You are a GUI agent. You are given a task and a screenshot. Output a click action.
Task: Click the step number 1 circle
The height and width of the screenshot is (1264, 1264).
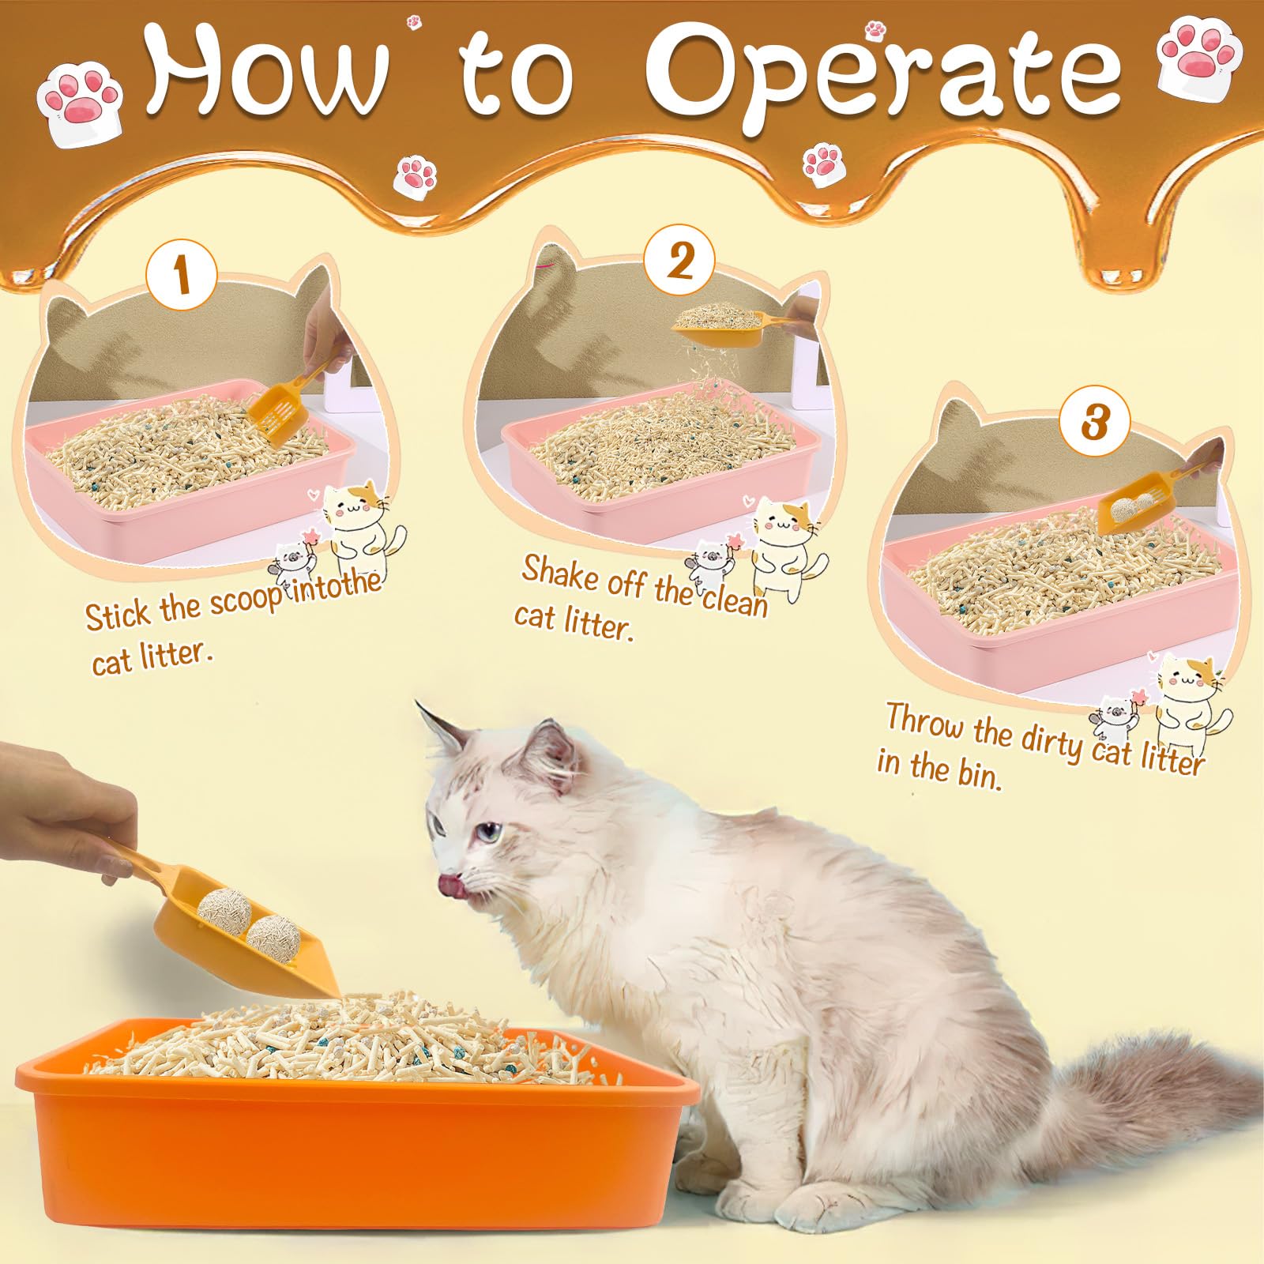[182, 276]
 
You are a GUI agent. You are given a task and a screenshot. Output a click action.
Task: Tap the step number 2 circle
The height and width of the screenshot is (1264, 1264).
[679, 261]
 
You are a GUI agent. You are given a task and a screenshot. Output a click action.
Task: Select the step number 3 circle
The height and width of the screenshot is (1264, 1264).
[1094, 422]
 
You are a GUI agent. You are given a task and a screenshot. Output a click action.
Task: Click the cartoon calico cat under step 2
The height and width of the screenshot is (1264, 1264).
[782, 545]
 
